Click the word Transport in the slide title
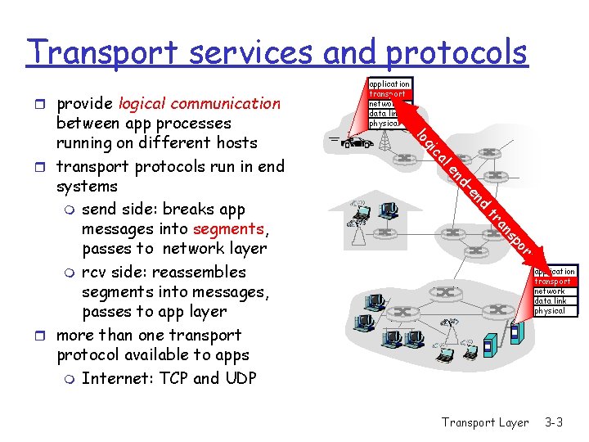98,52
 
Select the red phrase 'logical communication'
199,104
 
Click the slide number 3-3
554,422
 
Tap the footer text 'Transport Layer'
485,422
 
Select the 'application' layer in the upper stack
389,84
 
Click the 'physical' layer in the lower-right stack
550,311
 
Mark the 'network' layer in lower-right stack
550,291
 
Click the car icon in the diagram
356,142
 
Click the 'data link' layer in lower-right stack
551,301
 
